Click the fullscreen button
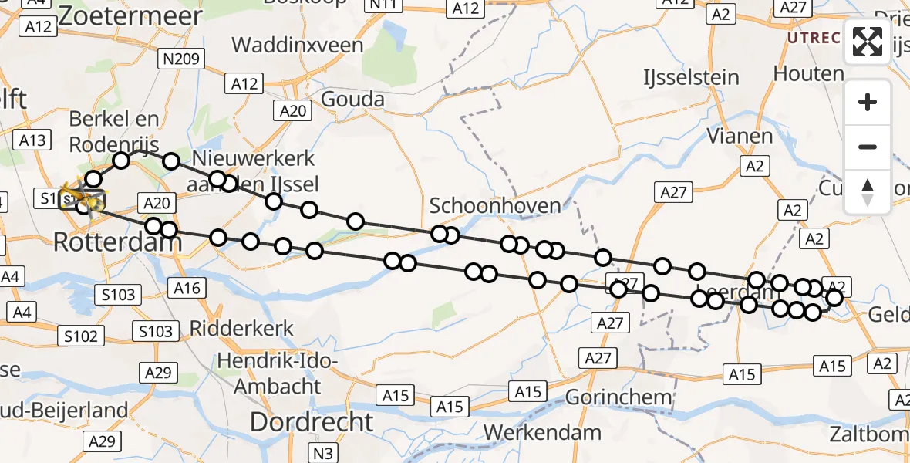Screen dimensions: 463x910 868,42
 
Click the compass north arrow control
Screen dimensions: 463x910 868,191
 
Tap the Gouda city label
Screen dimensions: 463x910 352,100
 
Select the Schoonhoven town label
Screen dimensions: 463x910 494,206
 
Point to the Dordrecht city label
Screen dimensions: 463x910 312,422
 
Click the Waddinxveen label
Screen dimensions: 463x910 297,45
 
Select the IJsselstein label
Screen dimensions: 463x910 691,77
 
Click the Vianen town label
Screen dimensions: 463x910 740,136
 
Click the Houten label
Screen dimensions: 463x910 809,74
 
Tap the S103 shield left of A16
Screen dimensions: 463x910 118,294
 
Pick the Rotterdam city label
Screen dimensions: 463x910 117,242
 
